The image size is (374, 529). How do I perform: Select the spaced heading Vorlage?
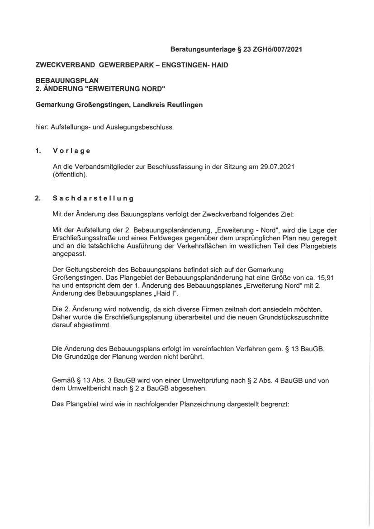click(x=71, y=151)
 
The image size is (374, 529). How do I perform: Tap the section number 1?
click(x=38, y=151)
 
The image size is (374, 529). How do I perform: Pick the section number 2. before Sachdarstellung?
click(x=38, y=198)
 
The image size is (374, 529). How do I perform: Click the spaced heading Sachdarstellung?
click(x=93, y=198)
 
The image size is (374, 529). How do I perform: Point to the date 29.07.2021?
click(x=278, y=167)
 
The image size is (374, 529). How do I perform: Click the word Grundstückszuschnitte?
click(x=294, y=317)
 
